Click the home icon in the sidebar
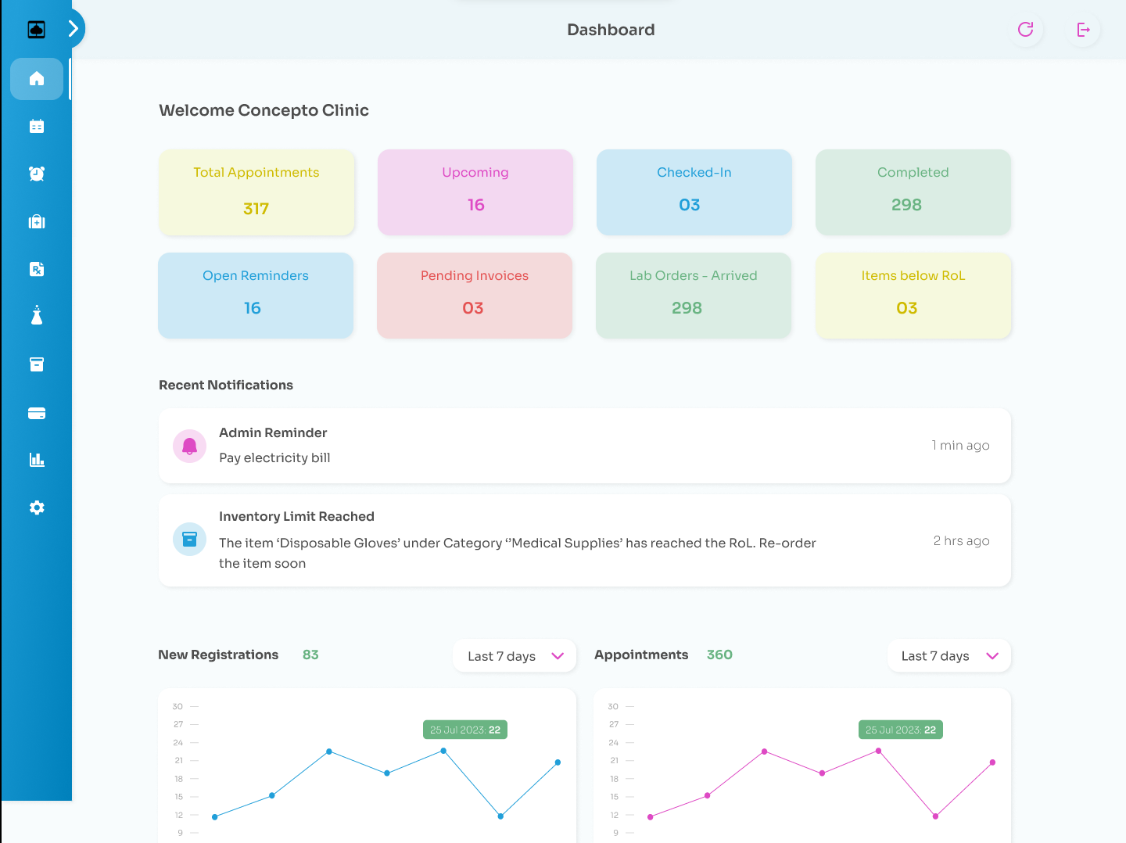(37, 79)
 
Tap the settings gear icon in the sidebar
(37, 508)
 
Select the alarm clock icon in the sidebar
(37, 174)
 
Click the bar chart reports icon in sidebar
(37, 460)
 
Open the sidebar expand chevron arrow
(73, 29)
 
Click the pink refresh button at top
(1025, 30)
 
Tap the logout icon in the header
(1083, 30)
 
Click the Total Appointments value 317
(256, 209)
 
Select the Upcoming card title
(475, 172)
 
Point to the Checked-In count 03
(689, 205)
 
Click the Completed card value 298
(906, 205)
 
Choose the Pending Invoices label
(474, 275)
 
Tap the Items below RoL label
(913, 275)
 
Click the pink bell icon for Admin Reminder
(189, 446)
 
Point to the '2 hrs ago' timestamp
(961, 540)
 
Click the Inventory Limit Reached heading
(296, 516)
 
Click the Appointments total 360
(719, 655)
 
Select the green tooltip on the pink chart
(900, 730)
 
